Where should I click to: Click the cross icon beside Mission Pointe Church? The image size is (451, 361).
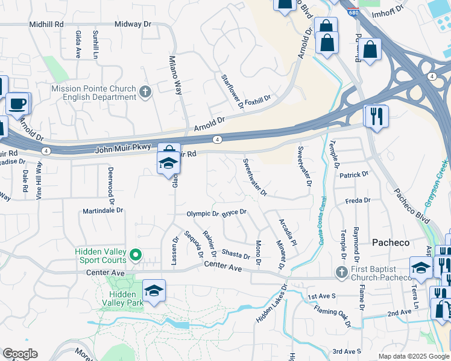(145, 92)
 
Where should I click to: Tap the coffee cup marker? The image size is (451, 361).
(17, 103)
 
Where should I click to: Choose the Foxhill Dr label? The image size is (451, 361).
(258, 98)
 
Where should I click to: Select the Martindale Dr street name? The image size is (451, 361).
(102, 211)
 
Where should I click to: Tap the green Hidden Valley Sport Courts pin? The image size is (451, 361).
(136, 256)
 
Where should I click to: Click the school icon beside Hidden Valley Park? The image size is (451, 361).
(154, 291)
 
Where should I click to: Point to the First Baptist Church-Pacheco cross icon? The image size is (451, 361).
(341, 273)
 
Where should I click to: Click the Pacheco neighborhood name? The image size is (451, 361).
(390, 242)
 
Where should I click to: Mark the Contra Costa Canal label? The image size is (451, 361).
(321, 220)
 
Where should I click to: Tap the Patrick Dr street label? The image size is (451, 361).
(353, 174)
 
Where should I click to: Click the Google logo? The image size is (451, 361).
(20, 354)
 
